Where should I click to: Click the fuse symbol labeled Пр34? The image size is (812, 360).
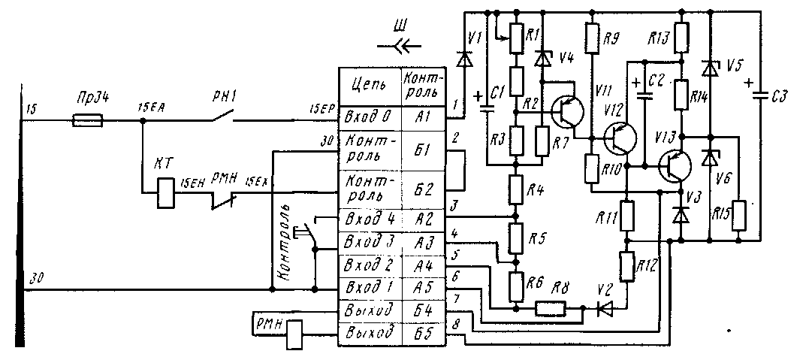tap(88, 119)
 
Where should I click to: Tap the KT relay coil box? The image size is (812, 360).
tap(165, 193)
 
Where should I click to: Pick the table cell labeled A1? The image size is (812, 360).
tap(422, 119)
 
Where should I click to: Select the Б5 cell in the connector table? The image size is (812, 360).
tap(422, 331)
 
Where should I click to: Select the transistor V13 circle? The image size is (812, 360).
tap(676, 167)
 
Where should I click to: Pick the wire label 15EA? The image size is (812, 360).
tap(153, 110)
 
